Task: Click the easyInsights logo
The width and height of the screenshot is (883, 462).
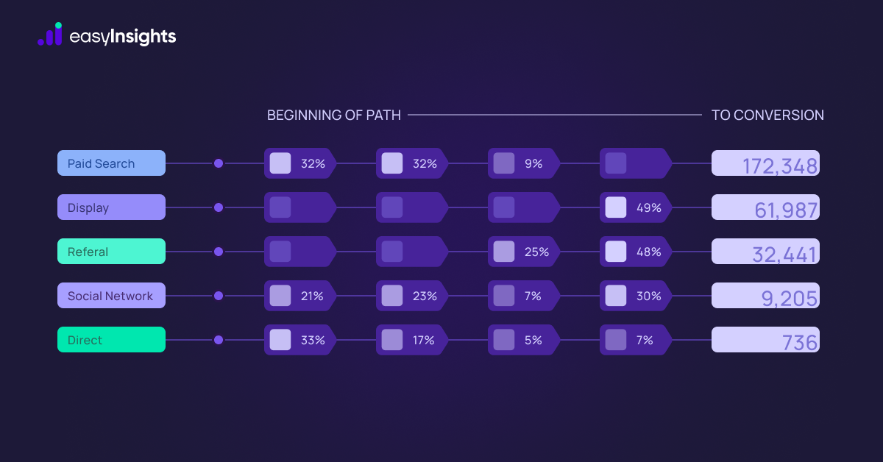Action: coord(107,35)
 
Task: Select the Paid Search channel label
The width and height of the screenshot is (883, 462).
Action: coord(111,163)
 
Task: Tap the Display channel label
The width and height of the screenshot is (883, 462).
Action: coord(111,207)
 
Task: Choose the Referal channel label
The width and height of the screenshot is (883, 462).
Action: coord(111,252)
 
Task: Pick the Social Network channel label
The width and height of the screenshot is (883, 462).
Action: coord(111,296)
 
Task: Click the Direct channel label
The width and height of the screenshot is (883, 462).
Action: coord(111,340)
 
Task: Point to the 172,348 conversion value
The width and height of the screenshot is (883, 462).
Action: coord(765,164)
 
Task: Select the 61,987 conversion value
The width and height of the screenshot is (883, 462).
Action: coord(765,208)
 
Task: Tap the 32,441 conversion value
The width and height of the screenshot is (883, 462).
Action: coord(765,252)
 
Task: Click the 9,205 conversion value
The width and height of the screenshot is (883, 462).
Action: coord(765,296)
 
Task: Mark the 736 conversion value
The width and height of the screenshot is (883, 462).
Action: coord(765,341)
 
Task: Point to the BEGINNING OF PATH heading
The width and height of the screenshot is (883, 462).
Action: coord(334,115)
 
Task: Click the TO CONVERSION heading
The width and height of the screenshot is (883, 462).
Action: coord(767,115)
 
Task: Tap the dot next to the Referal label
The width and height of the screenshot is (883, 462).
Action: coord(219,252)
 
